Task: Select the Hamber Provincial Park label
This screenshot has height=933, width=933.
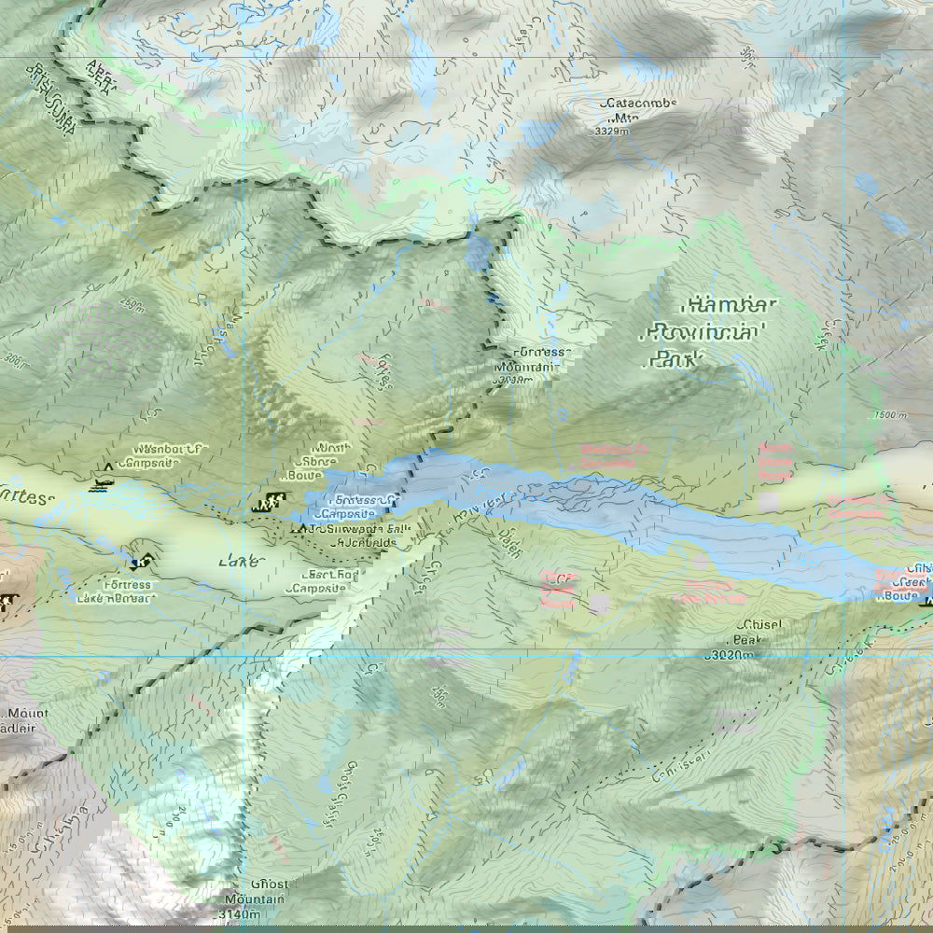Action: click(x=708, y=331)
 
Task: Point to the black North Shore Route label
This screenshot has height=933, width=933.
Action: click(x=331, y=461)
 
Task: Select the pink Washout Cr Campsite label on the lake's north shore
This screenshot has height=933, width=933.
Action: click(x=613, y=455)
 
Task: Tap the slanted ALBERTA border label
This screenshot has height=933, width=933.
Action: click(x=102, y=79)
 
